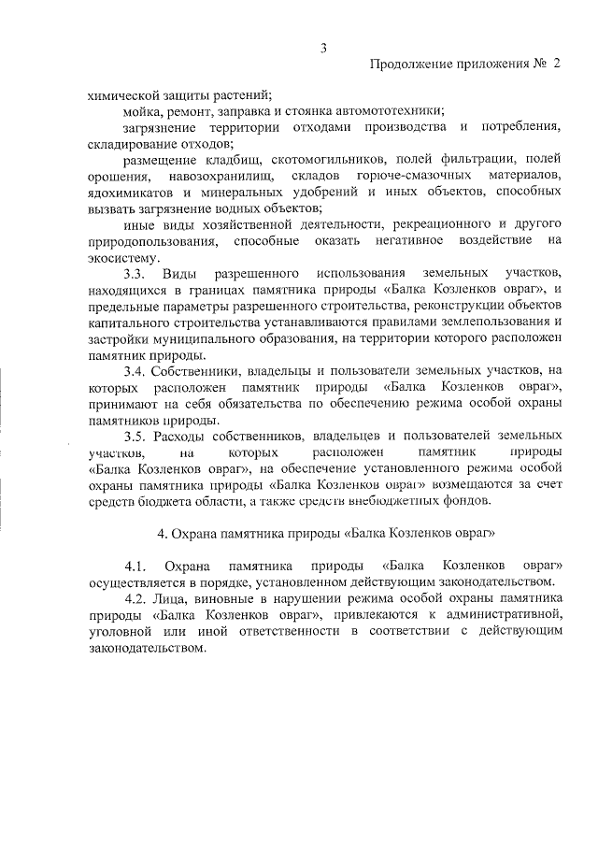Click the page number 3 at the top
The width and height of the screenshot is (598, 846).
tap(322, 47)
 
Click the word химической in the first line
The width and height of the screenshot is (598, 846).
tap(121, 94)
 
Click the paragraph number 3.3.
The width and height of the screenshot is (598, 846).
tap(135, 274)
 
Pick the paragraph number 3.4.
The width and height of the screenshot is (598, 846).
tap(135, 371)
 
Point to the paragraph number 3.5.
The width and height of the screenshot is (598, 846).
tap(135, 437)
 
